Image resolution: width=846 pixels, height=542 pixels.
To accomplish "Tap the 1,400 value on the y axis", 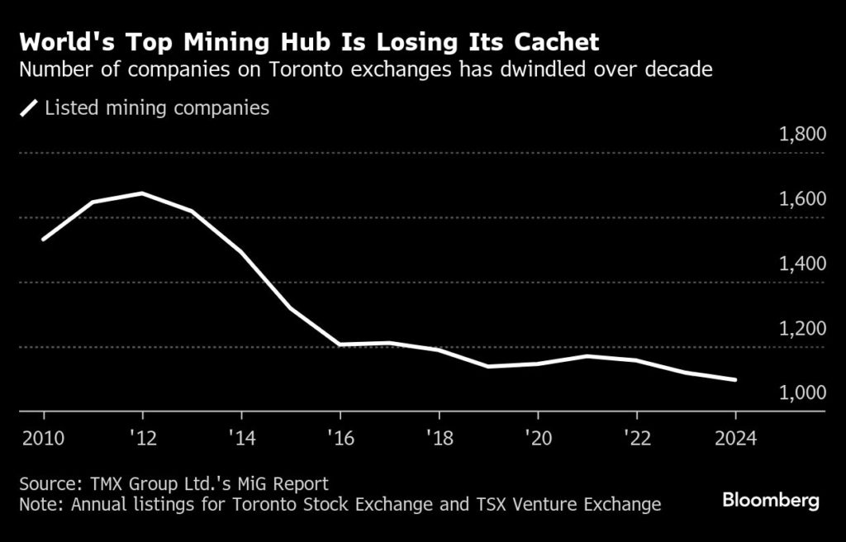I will tap(803, 264).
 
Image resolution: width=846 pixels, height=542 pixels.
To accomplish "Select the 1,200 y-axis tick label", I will tap(803, 328).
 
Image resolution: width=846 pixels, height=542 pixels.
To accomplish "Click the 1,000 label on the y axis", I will tap(803, 392).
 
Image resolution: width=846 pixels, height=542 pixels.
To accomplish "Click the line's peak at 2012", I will tap(142, 193).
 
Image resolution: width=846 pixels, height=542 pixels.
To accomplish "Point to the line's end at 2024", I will tap(735, 380).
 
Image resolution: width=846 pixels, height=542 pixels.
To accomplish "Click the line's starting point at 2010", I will tap(43, 240).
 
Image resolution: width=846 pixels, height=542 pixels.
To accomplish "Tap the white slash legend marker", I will tap(30, 108).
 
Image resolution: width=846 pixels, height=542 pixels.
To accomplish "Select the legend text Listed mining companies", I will tap(157, 108).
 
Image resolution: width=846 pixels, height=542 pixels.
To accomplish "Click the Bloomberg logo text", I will tap(771, 500).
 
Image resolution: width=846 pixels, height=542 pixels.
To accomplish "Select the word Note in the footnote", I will tap(38, 503).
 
